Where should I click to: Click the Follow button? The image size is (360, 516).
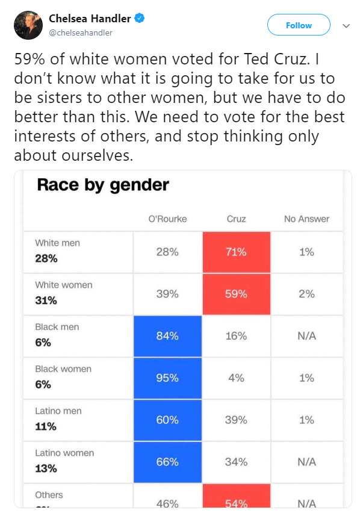299,25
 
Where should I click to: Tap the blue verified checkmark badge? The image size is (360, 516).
140,18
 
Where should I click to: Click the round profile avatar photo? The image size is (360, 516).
28,25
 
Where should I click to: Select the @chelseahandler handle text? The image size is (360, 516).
81,33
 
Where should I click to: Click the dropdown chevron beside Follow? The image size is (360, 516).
346,26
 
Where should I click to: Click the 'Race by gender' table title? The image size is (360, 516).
103,185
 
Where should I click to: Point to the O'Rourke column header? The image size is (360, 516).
167,219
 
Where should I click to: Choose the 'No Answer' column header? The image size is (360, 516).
306,219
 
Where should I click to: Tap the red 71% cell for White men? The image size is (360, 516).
236,252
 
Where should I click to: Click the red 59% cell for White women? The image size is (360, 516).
236,294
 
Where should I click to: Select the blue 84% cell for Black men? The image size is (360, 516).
167,336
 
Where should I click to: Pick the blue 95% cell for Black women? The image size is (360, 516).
167,378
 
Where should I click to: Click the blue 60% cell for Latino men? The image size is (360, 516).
167,420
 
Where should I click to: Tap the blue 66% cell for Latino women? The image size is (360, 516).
167,462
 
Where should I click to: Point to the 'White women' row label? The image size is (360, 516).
64,285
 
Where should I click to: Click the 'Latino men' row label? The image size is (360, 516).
58,411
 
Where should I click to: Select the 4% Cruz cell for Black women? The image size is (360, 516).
236,378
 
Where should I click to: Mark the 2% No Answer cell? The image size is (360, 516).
306,294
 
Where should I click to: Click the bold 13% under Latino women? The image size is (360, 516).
46,468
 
